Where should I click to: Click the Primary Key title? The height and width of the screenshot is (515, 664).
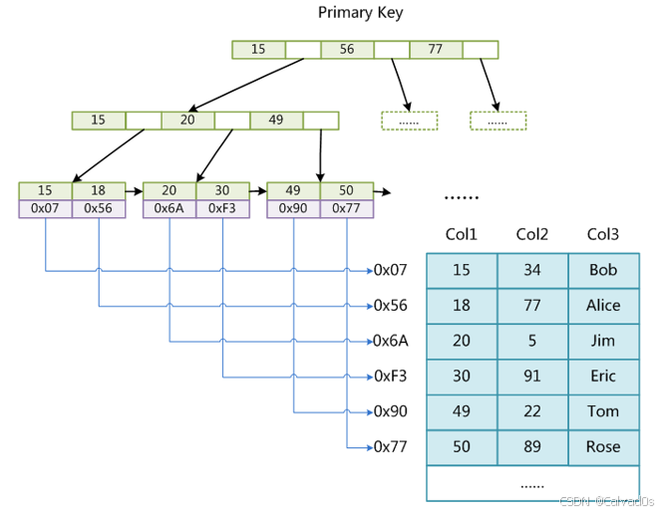tap(360, 13)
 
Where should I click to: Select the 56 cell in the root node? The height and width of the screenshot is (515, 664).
tap(346, 49)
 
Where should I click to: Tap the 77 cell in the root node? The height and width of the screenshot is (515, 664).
tap(434, 49)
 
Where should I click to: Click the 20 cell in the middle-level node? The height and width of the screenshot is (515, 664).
tap(187, 121)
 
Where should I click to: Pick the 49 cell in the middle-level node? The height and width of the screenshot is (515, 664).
tap(276, 121)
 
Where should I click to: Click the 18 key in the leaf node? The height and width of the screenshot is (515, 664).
tap(99, 190)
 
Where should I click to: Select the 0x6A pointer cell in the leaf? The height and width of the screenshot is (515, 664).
tap(169, 208)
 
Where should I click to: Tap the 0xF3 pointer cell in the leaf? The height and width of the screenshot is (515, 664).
tap(222, 208)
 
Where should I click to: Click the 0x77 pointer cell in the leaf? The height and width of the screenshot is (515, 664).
tap(346, 208)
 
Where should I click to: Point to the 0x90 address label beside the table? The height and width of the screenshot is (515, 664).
tap(391, 411)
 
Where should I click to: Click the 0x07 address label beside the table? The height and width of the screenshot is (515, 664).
tap(391, 270)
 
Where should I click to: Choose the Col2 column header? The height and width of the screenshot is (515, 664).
tap(532, 235)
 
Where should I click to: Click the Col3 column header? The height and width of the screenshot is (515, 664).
tap(603, 235)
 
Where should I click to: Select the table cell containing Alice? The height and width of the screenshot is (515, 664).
tap(603, 306)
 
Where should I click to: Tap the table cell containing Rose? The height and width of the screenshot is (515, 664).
tap(603, 447)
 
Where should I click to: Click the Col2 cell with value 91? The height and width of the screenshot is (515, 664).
tap(532, 377)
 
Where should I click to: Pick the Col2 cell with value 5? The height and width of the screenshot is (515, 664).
tap(532, 341)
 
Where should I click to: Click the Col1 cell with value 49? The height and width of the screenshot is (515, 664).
tap(462, 411)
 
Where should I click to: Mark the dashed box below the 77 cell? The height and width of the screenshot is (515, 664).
tap(498, 121)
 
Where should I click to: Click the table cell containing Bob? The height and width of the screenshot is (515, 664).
tap(603, 270)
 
